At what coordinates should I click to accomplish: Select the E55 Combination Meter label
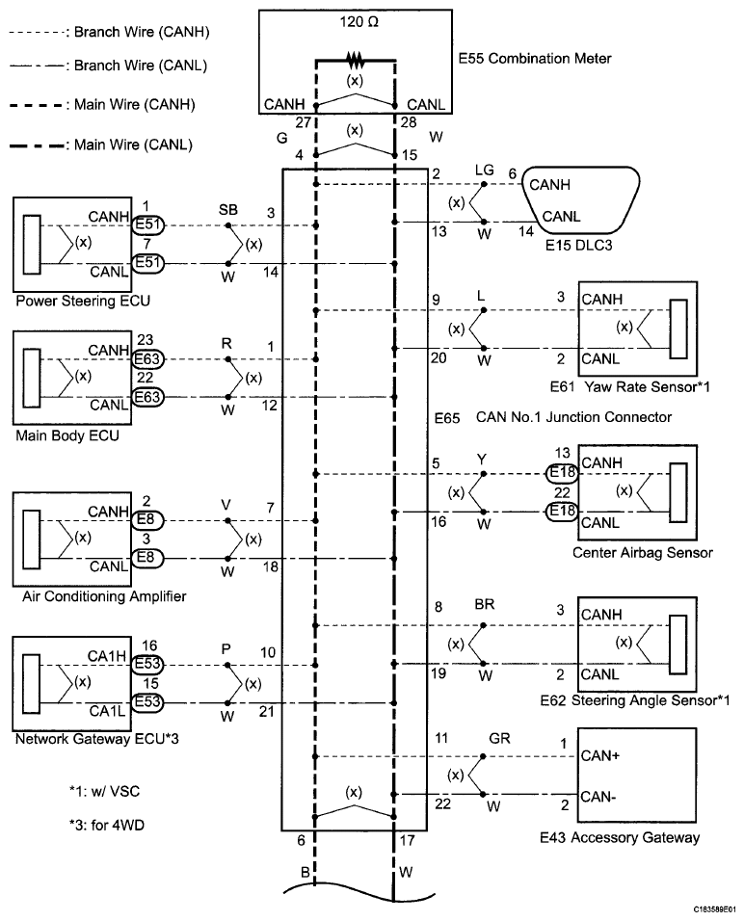pos(535,59)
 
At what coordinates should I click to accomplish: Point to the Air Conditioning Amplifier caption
pos(104,597)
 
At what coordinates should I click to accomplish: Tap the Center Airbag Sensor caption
pos(643,553)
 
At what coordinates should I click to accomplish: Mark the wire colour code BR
pos(484,609)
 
